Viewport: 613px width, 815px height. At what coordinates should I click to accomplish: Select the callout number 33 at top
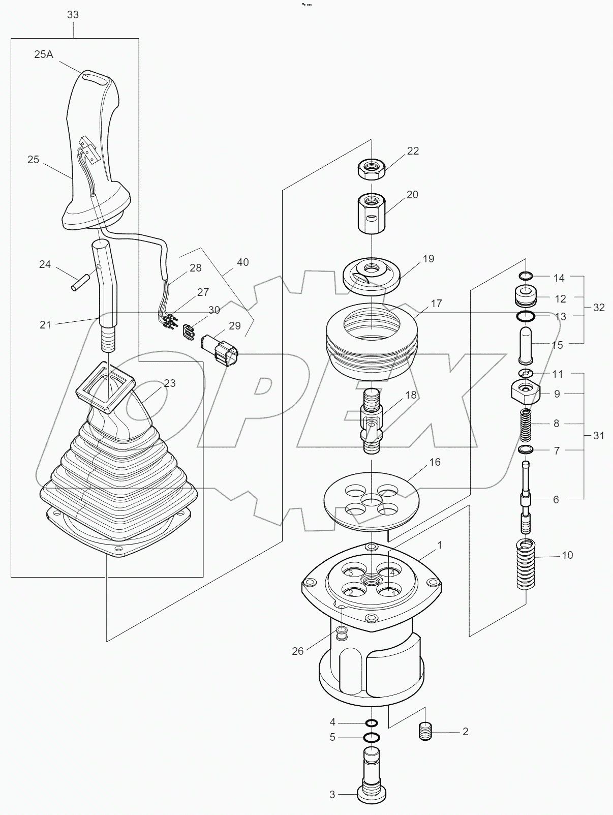[73, 15]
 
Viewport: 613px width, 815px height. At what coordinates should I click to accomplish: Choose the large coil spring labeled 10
[527, 565]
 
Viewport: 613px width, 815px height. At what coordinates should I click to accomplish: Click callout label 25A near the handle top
[44, 54]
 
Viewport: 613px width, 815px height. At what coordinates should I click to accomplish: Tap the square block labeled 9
[526, 393]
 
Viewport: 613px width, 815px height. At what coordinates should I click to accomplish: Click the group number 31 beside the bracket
[598, 435]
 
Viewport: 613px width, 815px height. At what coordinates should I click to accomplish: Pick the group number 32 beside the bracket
[598, 308]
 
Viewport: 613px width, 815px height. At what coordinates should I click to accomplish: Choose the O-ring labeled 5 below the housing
[372, 737]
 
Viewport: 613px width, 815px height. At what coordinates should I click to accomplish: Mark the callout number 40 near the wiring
[243, 262]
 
